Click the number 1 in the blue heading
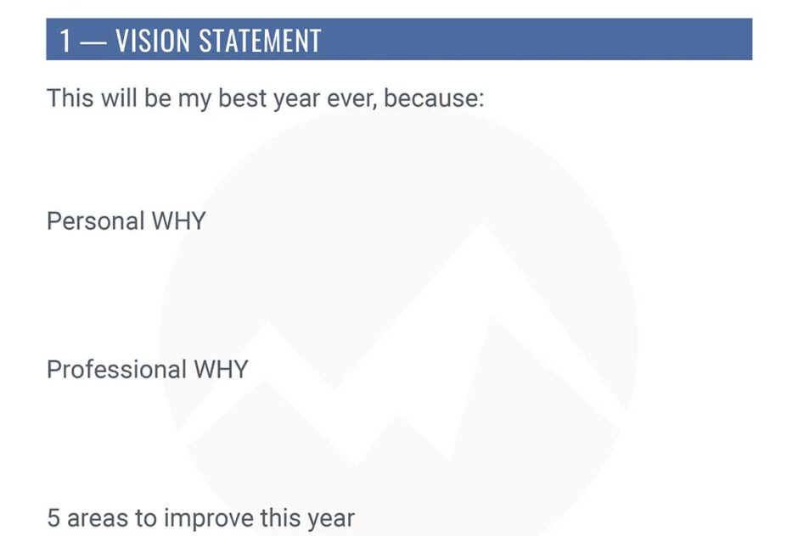click(65, 41)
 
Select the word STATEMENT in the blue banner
click(260, 41)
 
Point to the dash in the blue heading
click(93, 42)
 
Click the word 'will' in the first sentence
click(119, 98)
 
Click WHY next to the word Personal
click(178, 221)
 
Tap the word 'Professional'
click(116, 369)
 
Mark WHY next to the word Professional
click(221, 370)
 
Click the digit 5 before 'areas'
click(53, 518)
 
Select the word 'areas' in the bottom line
click(98, 519)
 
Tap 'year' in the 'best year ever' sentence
click(297, 101)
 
